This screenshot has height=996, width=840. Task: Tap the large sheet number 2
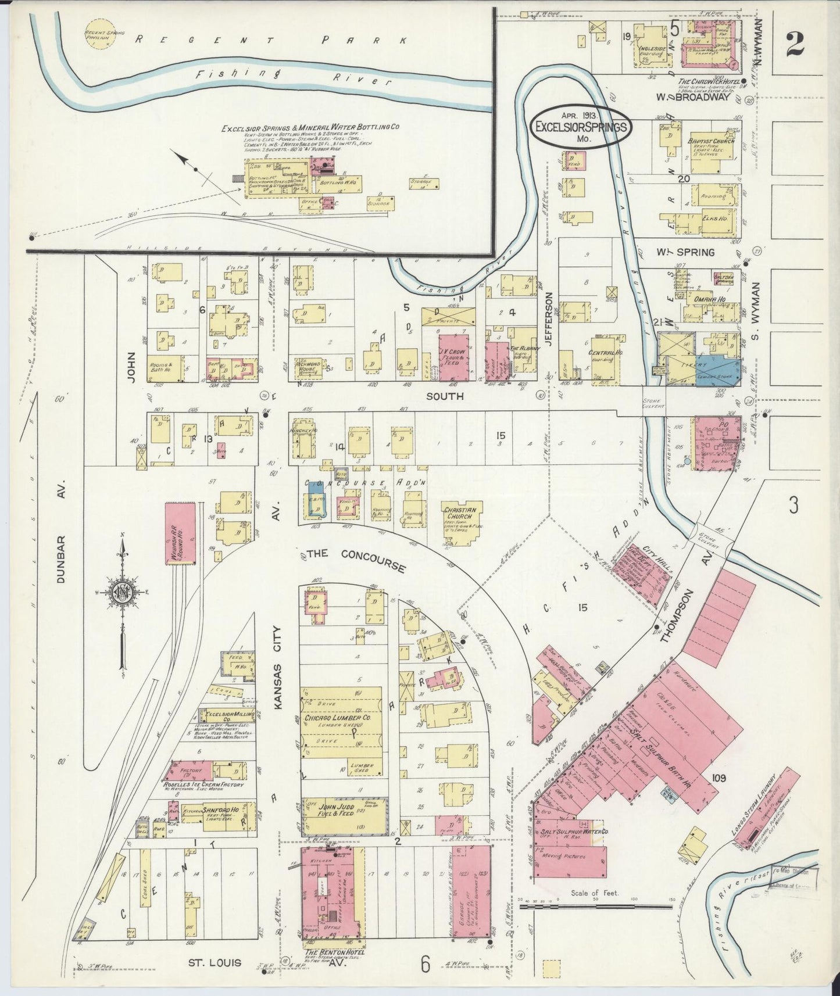tap(796, 44)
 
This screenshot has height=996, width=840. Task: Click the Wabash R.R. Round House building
tap(180, 532)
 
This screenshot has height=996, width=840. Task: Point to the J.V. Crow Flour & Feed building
tap(453, 357)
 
